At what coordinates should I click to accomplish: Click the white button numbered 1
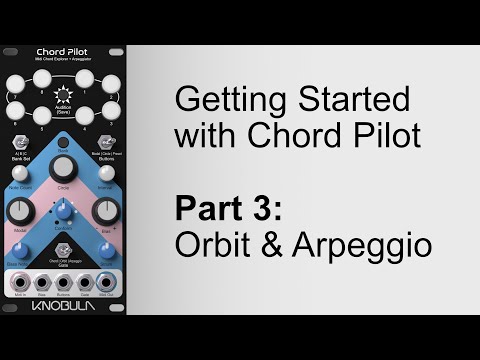coord(85,77)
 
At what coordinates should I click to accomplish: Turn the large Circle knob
coord(64,170)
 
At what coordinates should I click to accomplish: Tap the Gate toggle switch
coord(64,254)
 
